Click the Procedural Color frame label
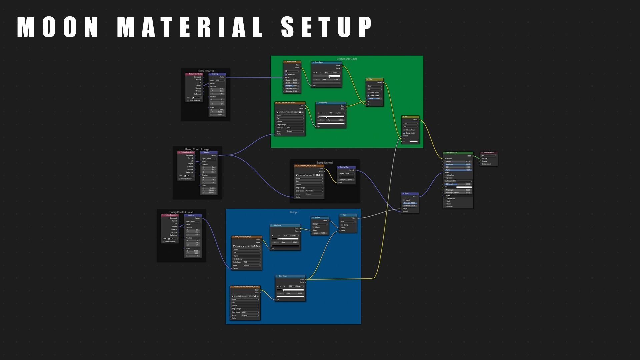pyautogui.click(x=347, y=59)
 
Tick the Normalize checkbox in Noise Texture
pyautogui.click(x=286, y=75)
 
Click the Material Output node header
pyautogui.click(x=489, y=153)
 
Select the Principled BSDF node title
pyautogui.click(x=452, y=153)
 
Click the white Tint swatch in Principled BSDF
pyautogui.click(x=464, y=187)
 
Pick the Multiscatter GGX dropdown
pyautogui.click(x=458, y=181)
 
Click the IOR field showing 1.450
pyautogui.click(x=458, y=167)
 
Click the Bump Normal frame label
pyautogui.click(x=325, y=163)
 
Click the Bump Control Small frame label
pyautogui.click(x=181, y=212)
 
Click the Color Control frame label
pyautogui.click(x=206, y=71)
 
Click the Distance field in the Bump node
pyautogui.click(x=410, y=206)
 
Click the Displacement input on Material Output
pyautogui.click(x=486, y=164)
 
